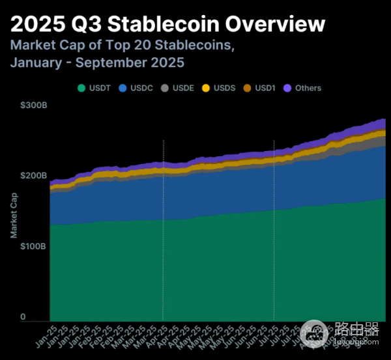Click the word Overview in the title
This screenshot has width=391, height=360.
pyautogui.click(x=273, y=24)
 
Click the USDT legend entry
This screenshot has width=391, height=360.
pyautogui.click(x=96, y=88)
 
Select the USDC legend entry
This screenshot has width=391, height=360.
pyautogui.click(x=138, y=88)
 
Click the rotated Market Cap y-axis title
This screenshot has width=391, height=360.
pyautogui.click(x=14, y=214)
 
